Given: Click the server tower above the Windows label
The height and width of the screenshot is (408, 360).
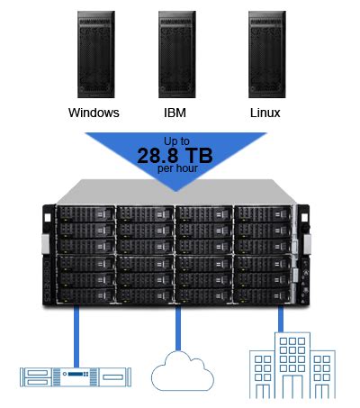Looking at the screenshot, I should [94, 55].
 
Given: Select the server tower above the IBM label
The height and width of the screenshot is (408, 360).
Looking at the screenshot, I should [176, 55].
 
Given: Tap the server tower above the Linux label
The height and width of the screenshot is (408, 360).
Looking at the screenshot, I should [265, 55].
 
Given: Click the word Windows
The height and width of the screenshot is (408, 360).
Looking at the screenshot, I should [94, 114].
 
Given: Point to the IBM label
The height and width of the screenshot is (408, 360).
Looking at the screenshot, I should [176, 114].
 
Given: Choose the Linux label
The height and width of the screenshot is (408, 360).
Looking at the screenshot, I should [265, 114].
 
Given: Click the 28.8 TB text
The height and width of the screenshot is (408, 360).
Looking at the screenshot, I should [176, 155].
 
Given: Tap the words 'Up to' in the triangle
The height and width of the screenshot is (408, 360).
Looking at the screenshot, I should [176, 141].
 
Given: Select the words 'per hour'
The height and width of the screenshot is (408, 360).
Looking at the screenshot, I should [176, 168].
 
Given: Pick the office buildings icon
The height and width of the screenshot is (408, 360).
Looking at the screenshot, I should [289, 365].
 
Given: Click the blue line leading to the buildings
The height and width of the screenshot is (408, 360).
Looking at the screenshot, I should [282, 321].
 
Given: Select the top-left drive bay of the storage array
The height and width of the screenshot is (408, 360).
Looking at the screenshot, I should [85, 214].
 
